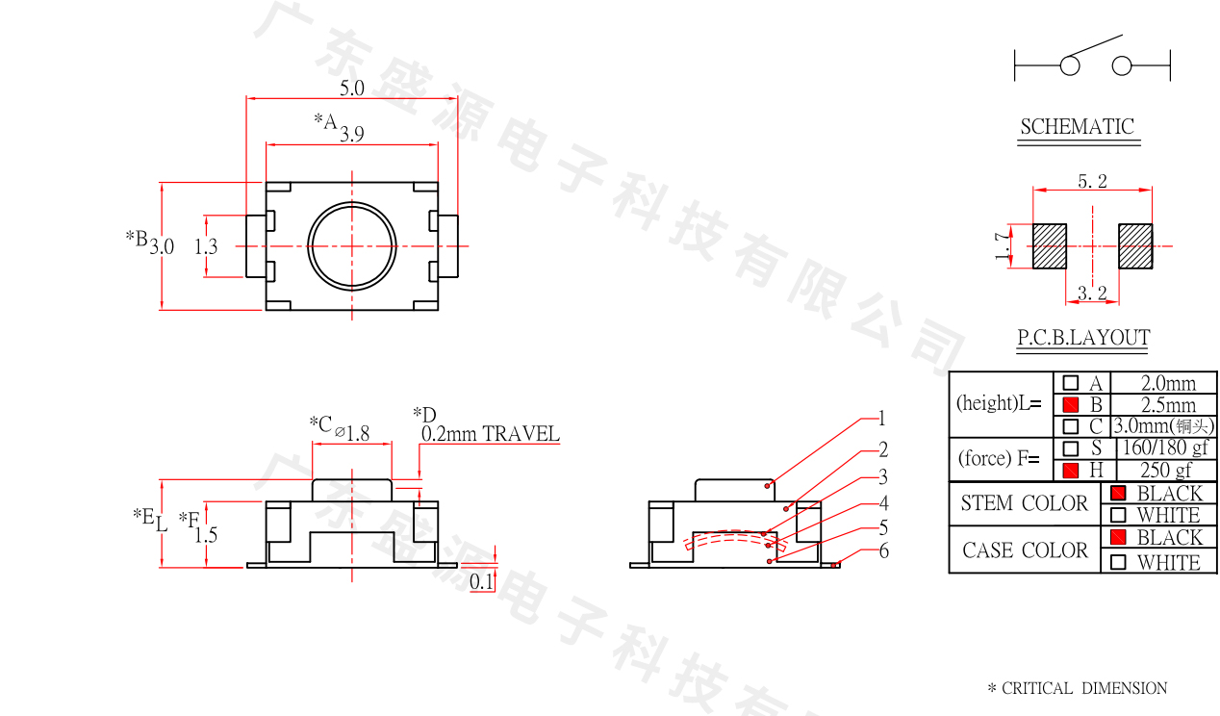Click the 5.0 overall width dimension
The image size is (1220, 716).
pyautogui.click(x=352, y=88)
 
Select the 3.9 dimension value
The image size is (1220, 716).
pyautogui.click(x=352, y=135)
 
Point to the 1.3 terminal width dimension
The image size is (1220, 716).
pyautogui.click(x=206, y=246)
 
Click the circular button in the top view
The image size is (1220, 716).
pyautogui.click(x=352, y=246)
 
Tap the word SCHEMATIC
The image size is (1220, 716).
pyautogui.click(x=1077, y=127)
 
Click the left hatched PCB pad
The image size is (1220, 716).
pyautogui.click(x=1050, y=246)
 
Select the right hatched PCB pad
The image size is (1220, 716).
pyautogui.click(x=1135, y=246)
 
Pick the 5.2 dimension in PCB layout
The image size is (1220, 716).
pyautogui.click(x=1092, y=181)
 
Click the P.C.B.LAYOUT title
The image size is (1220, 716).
pyautogui.click(x=1083, y=338)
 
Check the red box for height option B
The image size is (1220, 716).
pyautogui.click(x=1071, y=405)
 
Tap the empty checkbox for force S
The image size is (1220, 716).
pyautogui.click(x=1071, y=448)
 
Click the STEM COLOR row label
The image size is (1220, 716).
pyautogui.click(x=1024, y=503)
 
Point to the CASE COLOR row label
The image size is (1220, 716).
pyautogui.click(x=1026, y=550)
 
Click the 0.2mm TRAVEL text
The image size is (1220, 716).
pyautogui.click(x=490, y=434)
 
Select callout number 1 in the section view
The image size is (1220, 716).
pyautogui.click(x=881, y=419)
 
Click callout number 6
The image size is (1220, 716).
pyautogui.click(x=883, y=551)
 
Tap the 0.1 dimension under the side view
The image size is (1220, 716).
pyautogui.click(x=481, y=581)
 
